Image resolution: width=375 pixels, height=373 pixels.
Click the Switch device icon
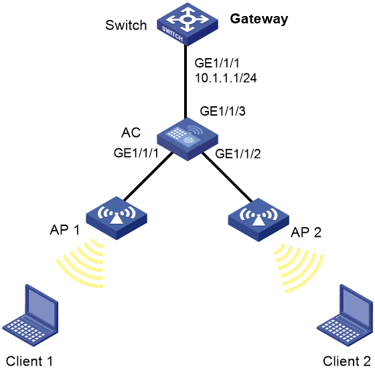187,24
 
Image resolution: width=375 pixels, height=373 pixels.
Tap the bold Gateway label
259,19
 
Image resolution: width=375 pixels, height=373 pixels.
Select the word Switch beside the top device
126,25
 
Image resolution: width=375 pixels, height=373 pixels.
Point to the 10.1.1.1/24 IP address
226,78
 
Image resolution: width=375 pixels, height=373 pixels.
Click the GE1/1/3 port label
222,111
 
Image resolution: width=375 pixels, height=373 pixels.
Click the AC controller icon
187,139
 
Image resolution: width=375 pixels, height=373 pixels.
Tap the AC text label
131,132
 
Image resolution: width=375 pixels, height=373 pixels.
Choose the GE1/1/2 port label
238,154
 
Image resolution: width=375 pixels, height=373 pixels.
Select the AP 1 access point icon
117,218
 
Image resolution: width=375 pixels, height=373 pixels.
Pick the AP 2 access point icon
258,220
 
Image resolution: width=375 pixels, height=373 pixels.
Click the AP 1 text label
64,230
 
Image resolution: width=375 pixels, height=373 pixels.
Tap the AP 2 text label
306,232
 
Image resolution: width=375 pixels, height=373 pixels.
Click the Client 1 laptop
30,316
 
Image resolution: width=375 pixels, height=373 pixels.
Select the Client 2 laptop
345,316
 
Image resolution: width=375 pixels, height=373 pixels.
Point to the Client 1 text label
29,361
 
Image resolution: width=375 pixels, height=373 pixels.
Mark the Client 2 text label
347,361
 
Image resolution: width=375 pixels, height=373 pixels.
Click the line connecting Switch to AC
185,81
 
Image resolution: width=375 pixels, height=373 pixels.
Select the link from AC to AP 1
148,176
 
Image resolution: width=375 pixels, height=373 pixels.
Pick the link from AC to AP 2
227,177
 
